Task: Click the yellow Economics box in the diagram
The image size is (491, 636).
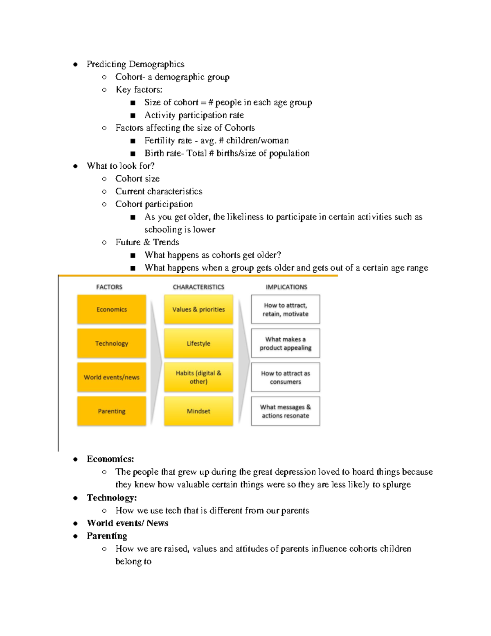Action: point(111,310)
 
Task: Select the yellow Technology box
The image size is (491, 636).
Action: point(111,344)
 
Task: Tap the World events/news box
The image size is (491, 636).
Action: point(111,377)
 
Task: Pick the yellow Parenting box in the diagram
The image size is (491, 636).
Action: point(111,411)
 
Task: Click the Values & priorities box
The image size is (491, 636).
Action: point(198,310)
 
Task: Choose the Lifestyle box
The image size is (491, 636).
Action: point(198,344)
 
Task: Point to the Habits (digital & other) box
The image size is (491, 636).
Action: point(198,377)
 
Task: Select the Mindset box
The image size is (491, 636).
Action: point(198,411)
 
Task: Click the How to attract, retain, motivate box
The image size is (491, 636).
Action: point(286,310)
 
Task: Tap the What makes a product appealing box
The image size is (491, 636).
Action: point(286,344)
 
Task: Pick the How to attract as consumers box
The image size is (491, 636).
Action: point(286,377)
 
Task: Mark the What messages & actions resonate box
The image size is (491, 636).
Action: point(286,411)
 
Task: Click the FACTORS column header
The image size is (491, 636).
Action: point(109,287)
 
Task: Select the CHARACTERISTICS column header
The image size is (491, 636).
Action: point(198,287)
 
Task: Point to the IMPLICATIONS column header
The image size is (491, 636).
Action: point(286,287)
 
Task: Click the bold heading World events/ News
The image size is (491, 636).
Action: point(128,523)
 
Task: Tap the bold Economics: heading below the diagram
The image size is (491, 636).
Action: point(110,459)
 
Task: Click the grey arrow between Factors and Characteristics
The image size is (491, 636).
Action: point(155,360)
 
